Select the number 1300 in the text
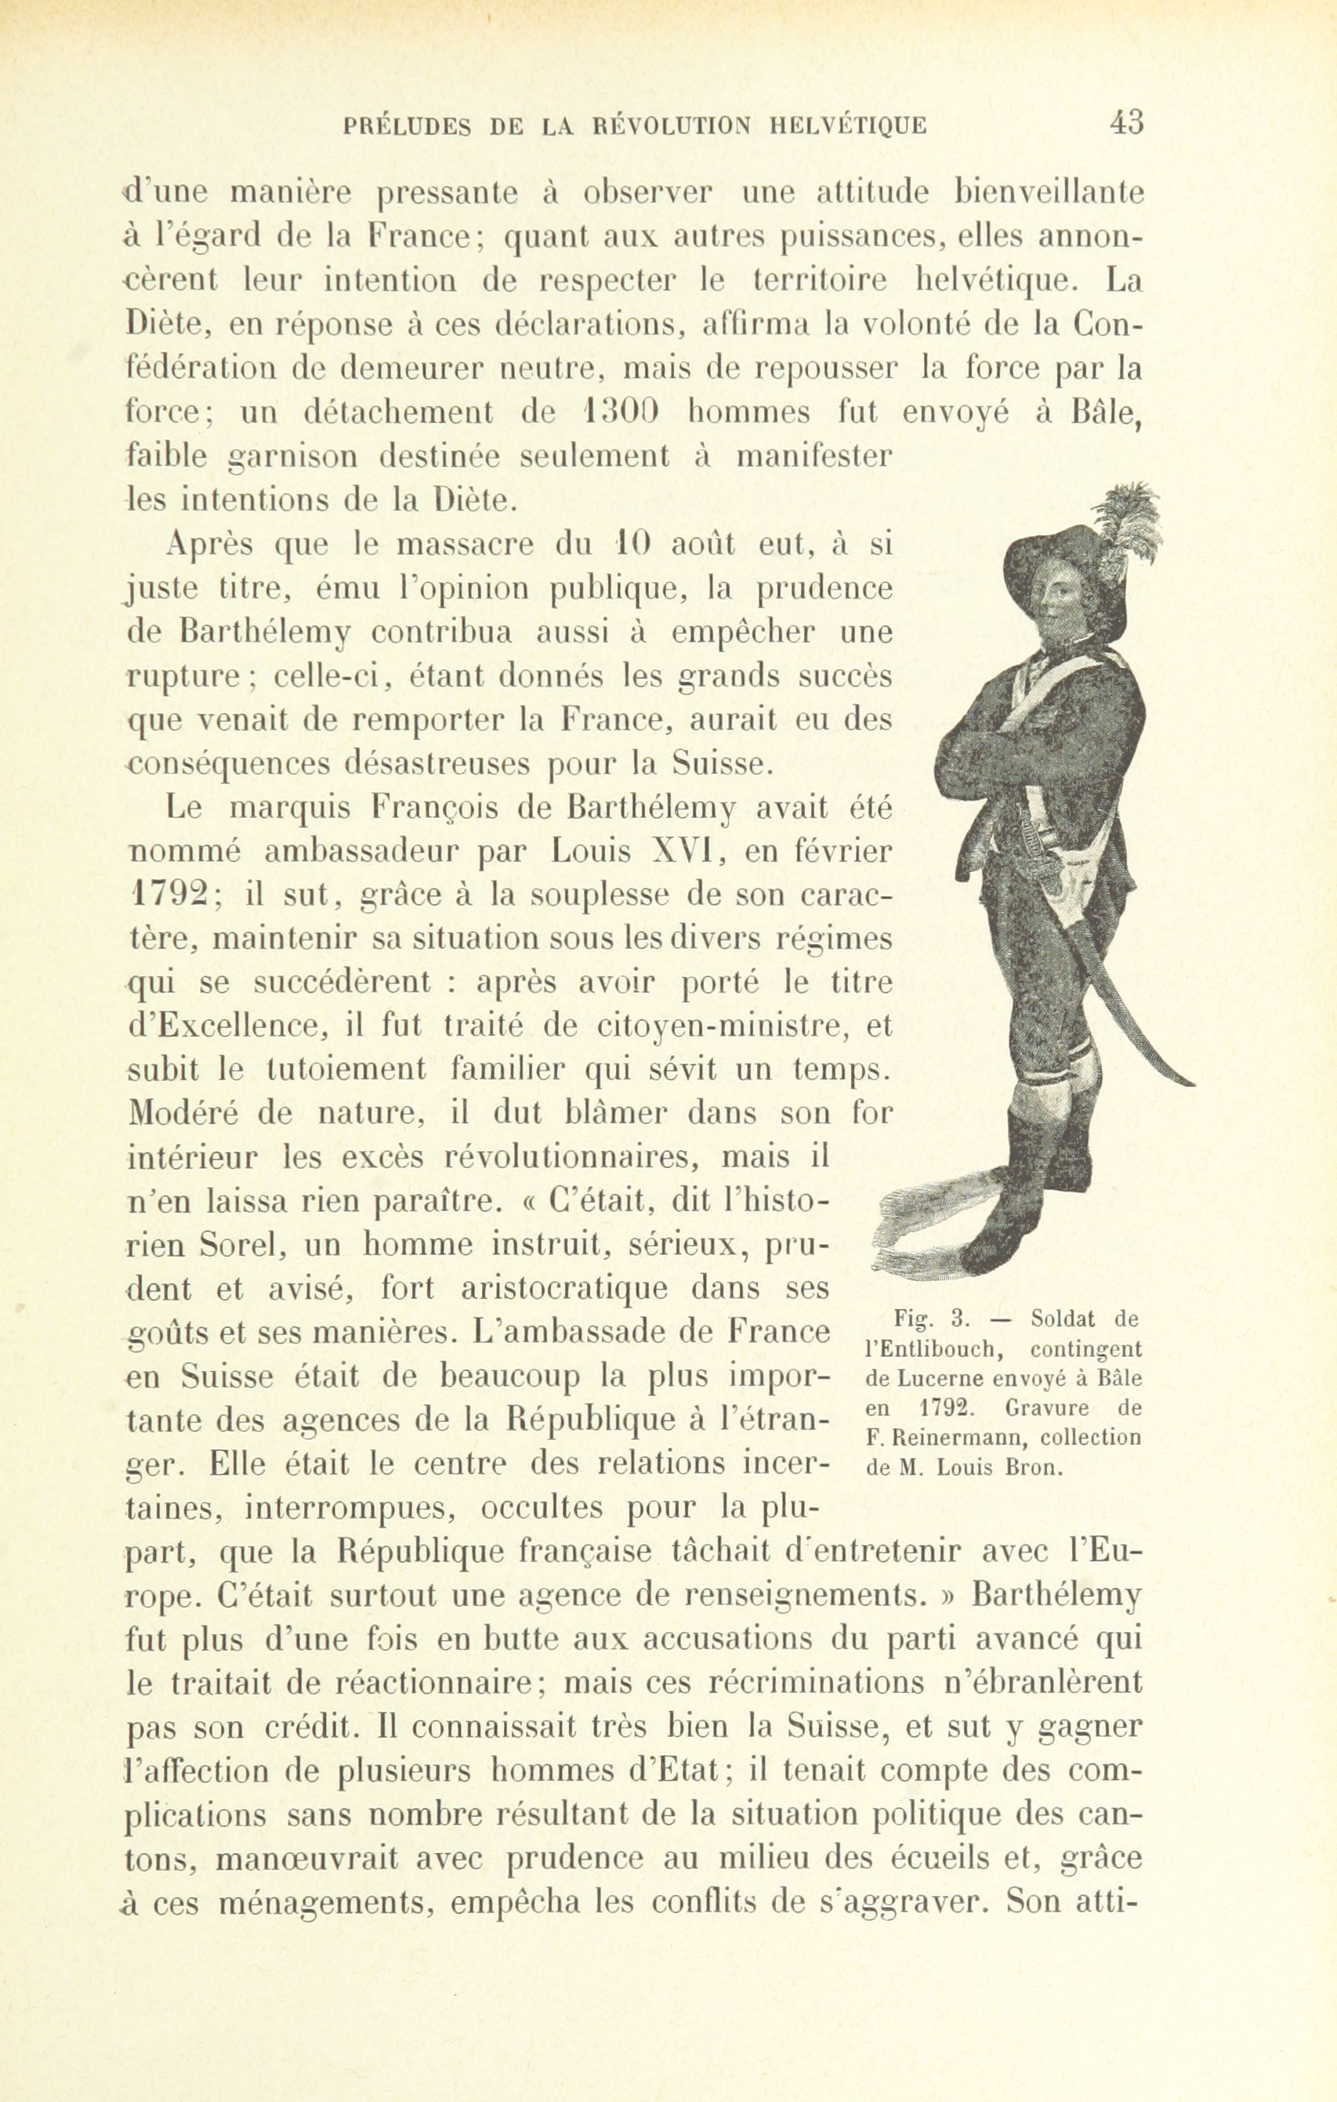618,412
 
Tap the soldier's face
1055,606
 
